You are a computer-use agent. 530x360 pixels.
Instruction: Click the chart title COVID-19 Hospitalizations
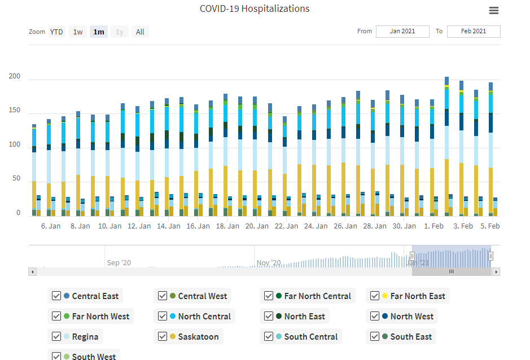point(255,8)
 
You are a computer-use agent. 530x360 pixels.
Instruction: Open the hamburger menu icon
point(494,10)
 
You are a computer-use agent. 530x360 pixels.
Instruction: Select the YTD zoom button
point(56,32)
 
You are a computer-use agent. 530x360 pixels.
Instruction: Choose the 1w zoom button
point(78,32)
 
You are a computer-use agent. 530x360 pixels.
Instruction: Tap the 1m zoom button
point(99,32)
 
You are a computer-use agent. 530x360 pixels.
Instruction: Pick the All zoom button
point(140,32)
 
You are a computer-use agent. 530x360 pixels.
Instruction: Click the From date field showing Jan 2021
point(402,31)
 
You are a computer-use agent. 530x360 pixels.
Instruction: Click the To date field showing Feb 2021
point(473,31)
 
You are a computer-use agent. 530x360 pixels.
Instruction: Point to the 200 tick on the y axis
point(14,77)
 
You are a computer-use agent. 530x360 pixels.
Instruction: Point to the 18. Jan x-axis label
point(228,226)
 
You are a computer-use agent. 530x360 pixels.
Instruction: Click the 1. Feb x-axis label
point(433,226)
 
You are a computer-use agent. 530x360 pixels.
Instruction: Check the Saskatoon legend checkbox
point(163,337)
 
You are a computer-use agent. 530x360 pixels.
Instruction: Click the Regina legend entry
point(85,337)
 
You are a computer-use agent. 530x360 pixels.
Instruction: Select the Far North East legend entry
point(417,296)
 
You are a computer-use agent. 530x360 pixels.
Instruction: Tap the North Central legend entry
point(204,317)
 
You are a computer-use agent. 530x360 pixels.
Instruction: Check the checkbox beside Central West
point(163,296)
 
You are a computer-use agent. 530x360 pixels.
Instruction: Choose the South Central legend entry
point(310,337)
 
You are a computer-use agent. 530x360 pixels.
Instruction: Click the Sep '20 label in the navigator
point(119,262)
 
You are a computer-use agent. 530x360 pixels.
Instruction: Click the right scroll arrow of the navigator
point(496,271)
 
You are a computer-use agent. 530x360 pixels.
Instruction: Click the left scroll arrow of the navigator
point(33,271)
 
